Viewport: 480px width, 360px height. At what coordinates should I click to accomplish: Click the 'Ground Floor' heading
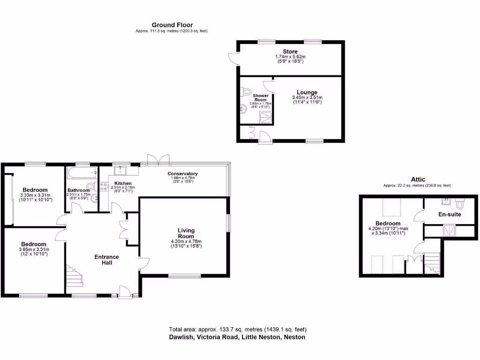[172, 25]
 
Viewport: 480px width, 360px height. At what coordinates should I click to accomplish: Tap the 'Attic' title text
[418, 179]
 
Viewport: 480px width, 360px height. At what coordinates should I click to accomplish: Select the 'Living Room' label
[186, 233]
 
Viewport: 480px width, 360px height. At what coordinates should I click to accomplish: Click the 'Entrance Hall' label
[107, 260]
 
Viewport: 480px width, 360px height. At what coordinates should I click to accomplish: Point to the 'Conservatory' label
[183, 174]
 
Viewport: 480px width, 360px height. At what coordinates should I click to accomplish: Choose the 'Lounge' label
[307, 92]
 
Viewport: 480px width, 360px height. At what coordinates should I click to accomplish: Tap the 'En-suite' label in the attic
[450, 214]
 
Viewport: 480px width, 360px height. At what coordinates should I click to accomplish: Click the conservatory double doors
[157, 159]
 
